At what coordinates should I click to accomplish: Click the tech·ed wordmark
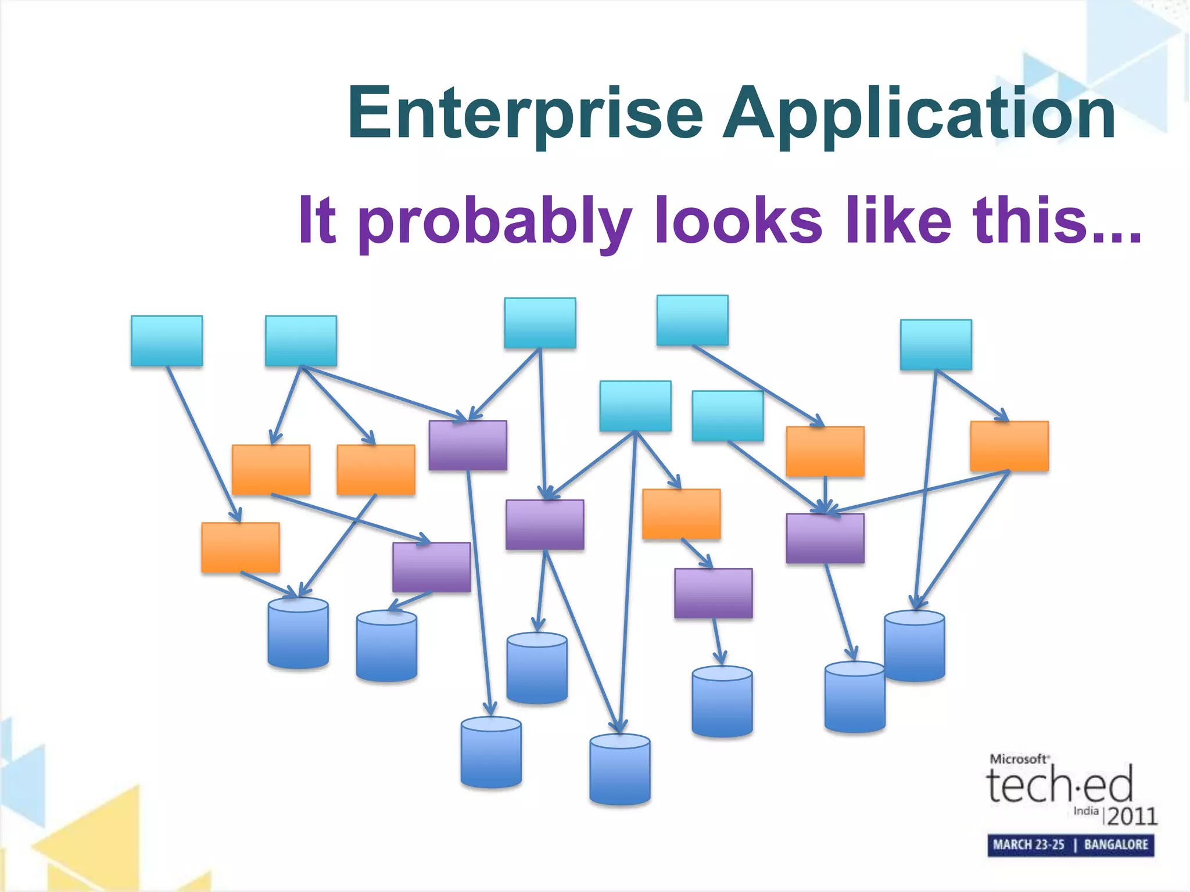tap(1059, 785)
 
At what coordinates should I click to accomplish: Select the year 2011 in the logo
tap(1132, 816)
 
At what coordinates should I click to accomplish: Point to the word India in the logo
tap(1085, 811)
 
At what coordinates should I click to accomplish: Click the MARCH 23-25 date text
tap(1028, 844)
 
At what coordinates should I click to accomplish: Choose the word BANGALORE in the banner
tap(1116, 844)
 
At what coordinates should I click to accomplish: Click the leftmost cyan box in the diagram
tap(167, 341)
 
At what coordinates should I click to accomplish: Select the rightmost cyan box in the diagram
tap(935, 344)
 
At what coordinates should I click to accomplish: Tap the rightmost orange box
tap(1009, 446)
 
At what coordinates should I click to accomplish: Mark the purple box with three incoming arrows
tap(825, 538)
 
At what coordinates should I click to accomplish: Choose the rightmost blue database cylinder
tap(914, 646)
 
